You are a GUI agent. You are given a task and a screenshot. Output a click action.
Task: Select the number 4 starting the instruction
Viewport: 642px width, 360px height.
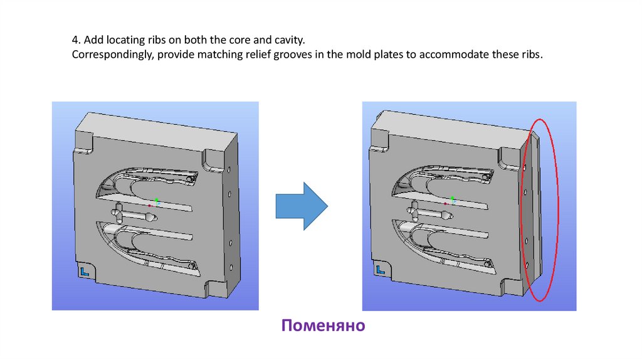74,40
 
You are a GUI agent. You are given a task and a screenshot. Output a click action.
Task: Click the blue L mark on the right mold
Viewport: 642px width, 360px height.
381,270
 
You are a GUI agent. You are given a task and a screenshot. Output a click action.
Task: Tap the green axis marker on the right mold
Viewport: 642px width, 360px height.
452,198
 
